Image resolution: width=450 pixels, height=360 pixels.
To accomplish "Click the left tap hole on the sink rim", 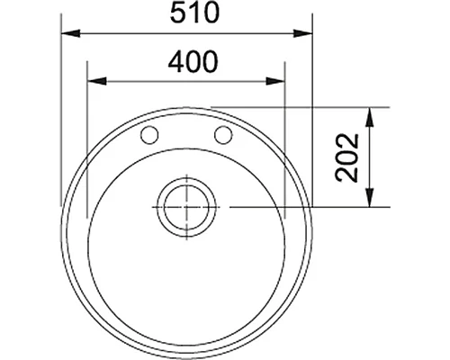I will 150,136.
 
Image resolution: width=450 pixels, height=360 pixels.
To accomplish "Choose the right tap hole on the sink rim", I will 222,136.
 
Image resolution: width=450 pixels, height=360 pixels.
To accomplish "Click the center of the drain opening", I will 185,207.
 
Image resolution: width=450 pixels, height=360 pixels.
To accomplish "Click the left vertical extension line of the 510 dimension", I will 61,108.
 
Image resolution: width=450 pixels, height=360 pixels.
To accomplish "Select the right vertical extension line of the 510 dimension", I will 310,108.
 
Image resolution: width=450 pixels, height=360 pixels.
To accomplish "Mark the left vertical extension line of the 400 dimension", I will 86,135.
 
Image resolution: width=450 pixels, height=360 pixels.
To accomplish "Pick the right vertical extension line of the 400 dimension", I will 284,135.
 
